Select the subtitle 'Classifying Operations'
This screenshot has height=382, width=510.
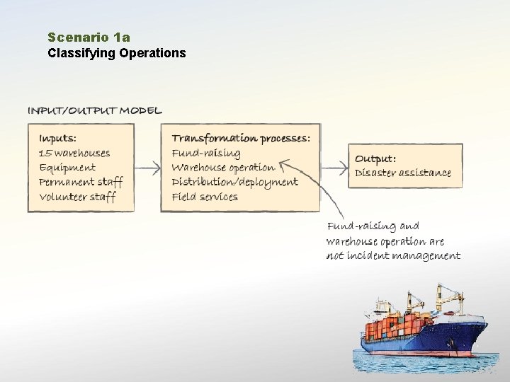point(117,52)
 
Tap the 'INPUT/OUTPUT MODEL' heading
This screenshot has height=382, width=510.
point(94,110)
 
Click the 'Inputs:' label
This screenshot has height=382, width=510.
point(58,138)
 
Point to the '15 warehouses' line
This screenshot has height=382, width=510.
point(74,153)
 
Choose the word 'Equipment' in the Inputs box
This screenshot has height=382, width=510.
point(67,168)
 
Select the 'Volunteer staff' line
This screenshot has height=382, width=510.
point(77,197)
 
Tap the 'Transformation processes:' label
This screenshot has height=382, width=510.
point(241,138)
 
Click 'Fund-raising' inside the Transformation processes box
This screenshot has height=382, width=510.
point(206,153)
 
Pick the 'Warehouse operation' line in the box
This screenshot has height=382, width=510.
point(223,168)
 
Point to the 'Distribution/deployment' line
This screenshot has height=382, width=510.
point(234,182)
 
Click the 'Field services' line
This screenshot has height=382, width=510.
point(205,197)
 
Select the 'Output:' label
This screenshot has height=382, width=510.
point(375,158)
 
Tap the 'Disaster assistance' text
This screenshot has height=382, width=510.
point(402,173)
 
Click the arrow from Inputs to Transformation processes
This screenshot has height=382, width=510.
point(147,168)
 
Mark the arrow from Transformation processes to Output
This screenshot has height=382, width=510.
point(334,168)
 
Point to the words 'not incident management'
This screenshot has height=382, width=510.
point(393,255)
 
